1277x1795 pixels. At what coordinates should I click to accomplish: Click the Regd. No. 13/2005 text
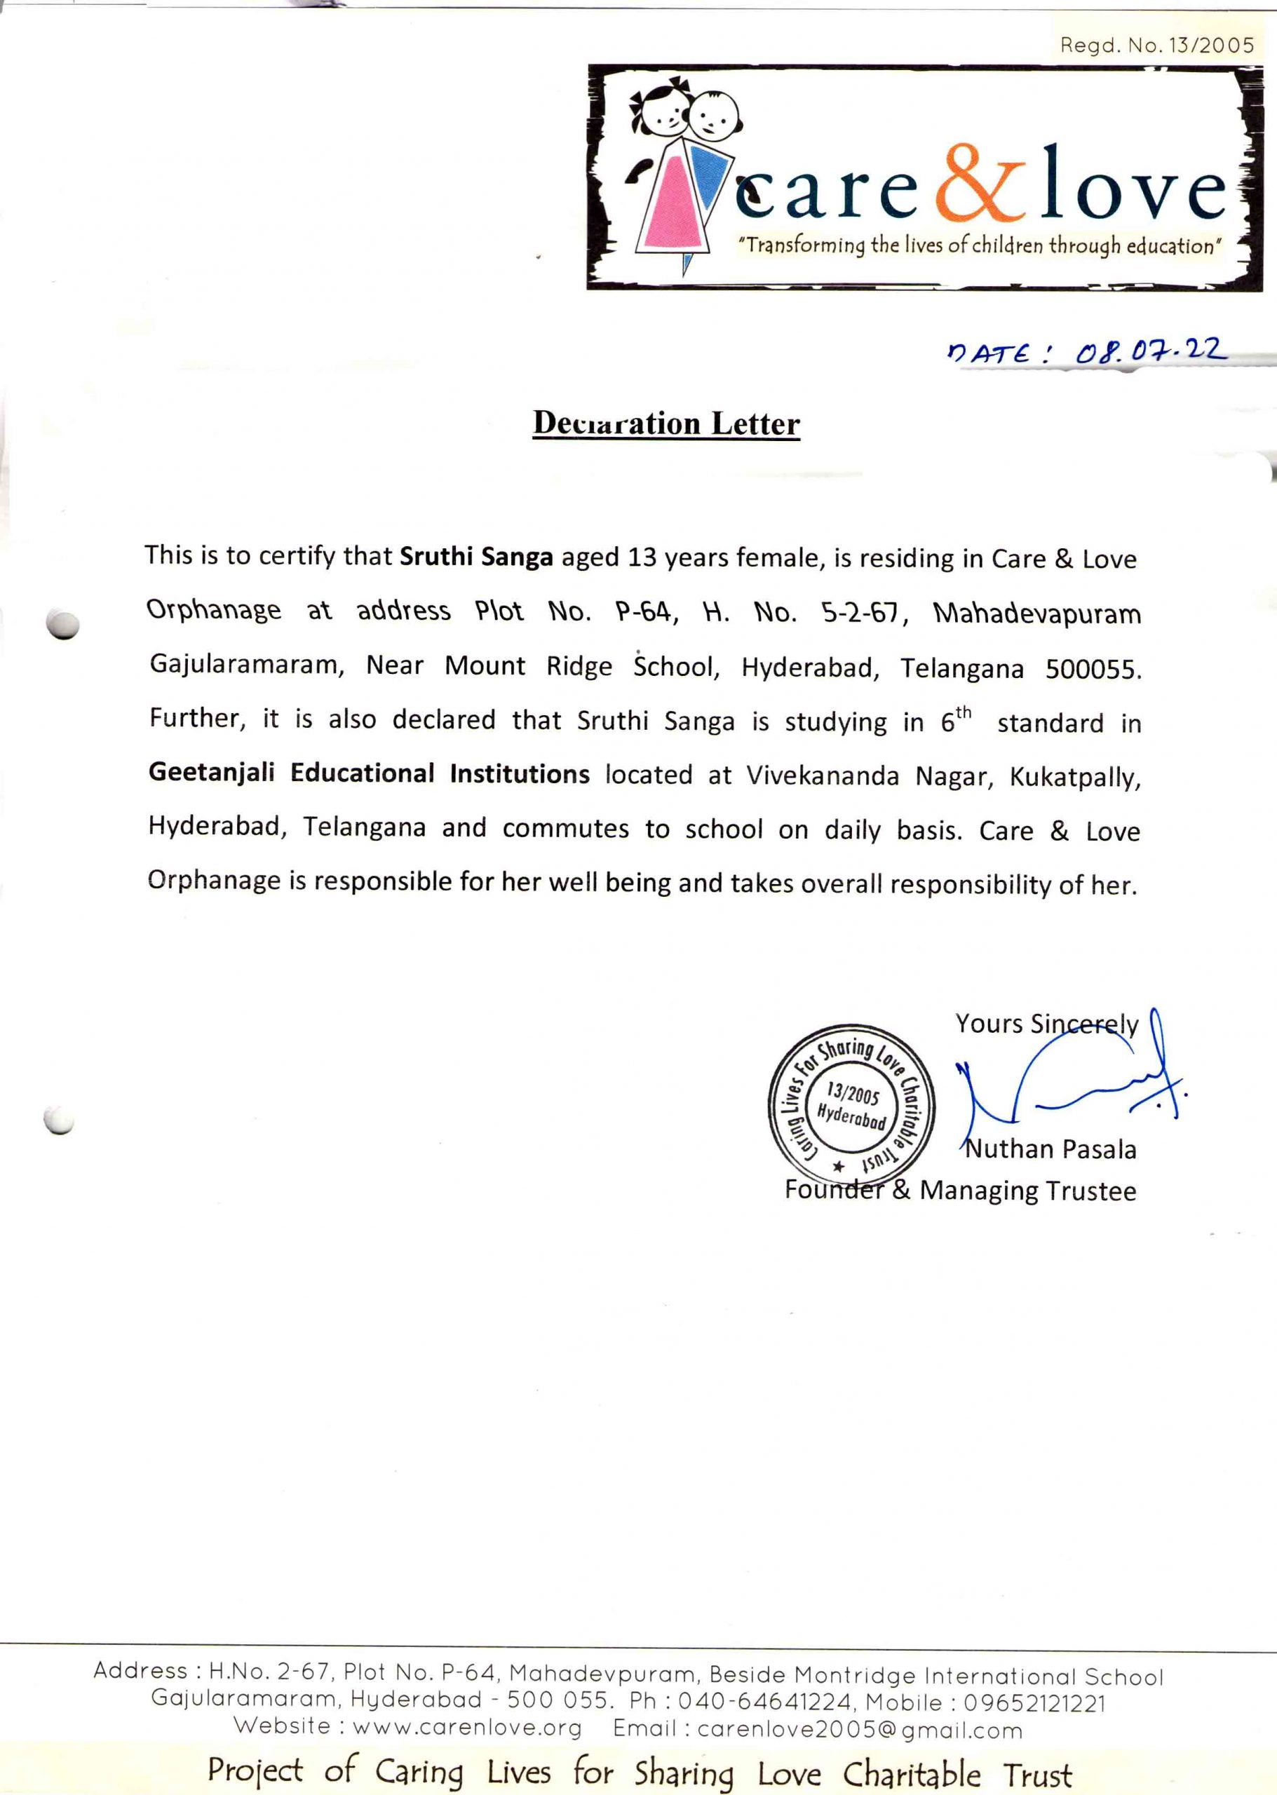click(1156, 46)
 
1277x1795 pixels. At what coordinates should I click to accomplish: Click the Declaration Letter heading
click(666, 424)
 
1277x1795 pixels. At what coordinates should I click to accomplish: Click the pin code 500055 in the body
click(1091, 670)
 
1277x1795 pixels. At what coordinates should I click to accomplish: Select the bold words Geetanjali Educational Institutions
click(369, 773)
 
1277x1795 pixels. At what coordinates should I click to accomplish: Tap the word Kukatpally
click(1074, 777)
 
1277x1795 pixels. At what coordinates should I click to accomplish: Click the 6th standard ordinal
click(955, 719)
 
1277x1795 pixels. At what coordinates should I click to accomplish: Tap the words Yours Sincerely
click(1046, 1024)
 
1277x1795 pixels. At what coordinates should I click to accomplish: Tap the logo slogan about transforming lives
click(979, 246)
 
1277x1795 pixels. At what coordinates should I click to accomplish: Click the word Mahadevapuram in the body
click(1036, 614)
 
